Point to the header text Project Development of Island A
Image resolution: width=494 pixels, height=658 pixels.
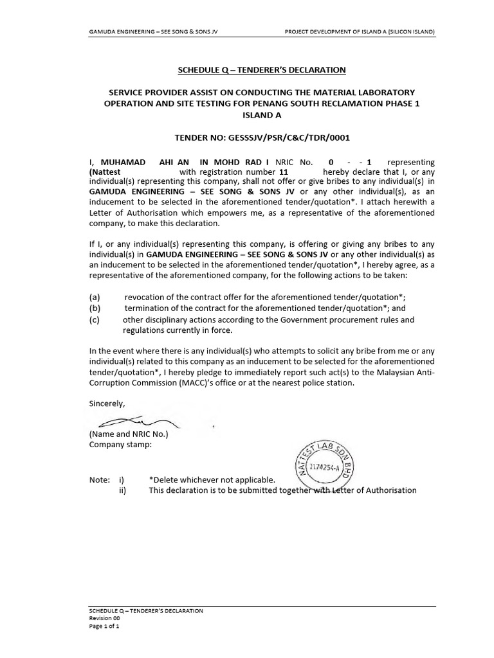pos(360,31)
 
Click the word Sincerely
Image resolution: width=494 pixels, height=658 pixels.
pos(107,403)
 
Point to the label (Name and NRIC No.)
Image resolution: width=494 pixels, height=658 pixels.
pos(129,434)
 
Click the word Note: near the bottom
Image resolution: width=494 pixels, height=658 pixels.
pos(99,479)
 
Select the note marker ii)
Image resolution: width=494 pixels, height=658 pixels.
pos(122,490)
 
